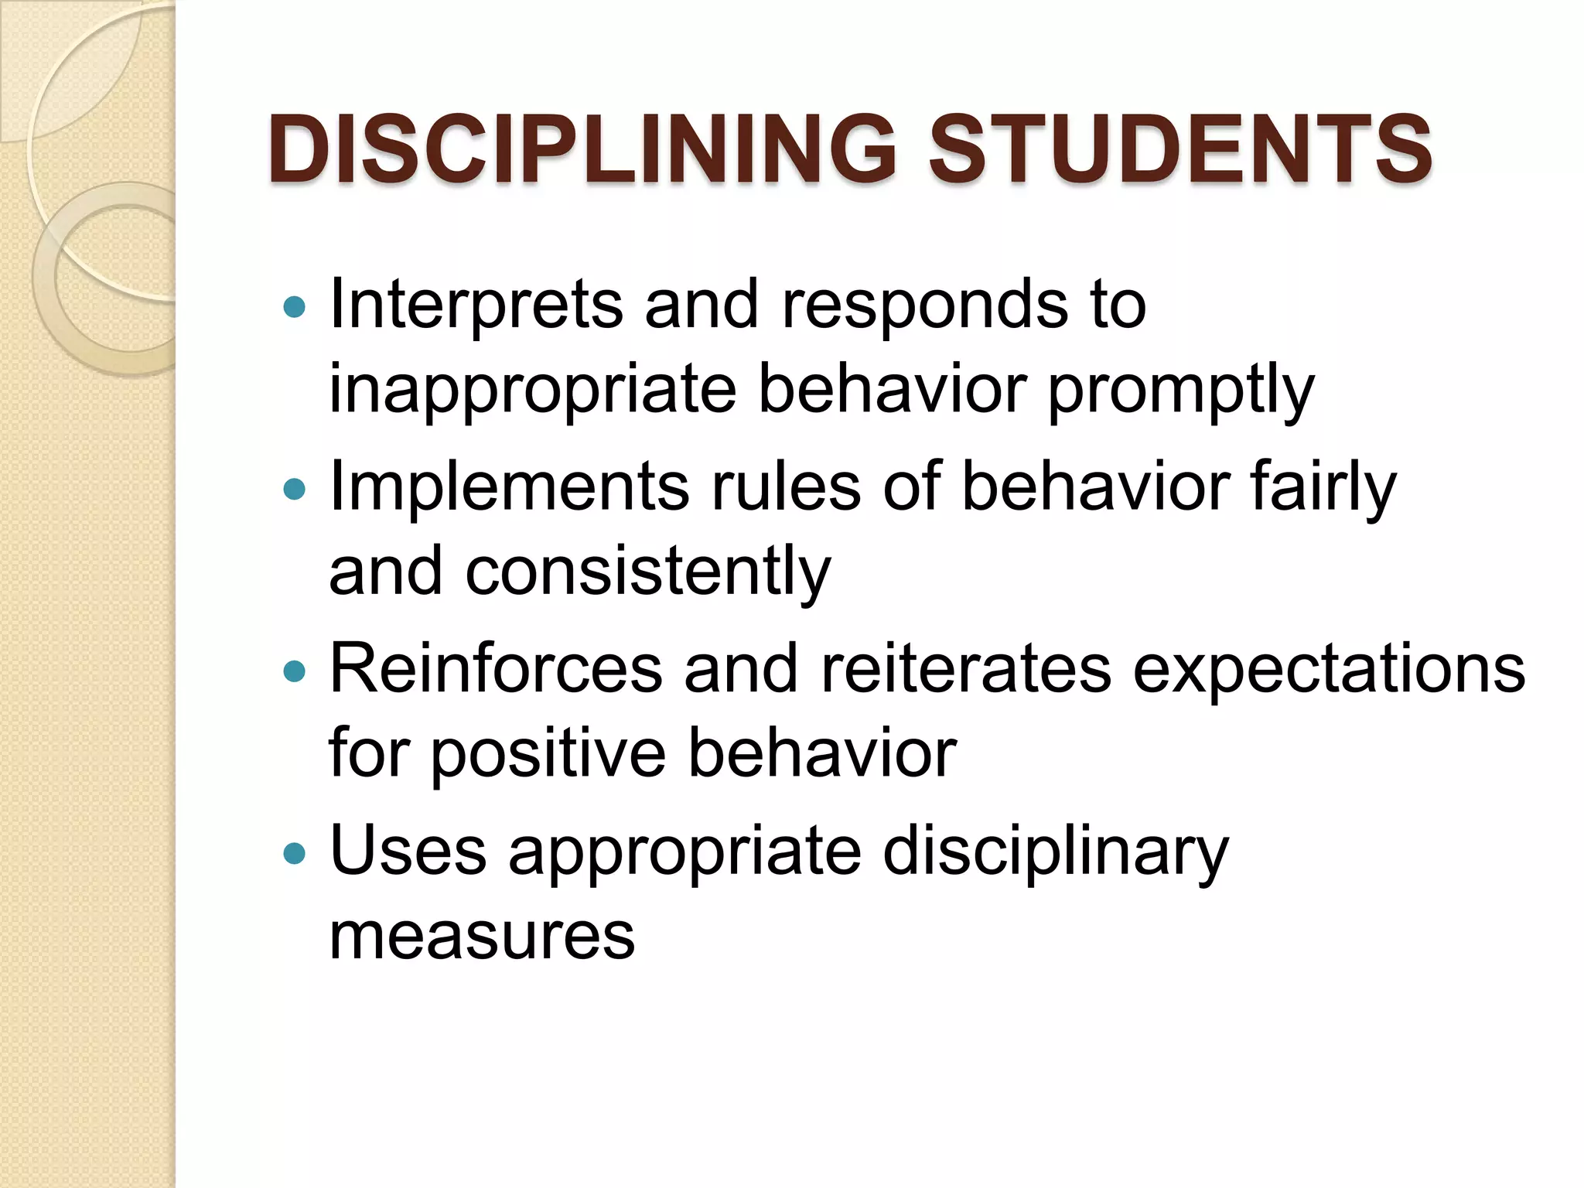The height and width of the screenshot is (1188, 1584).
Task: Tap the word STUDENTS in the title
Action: click(1179, 148)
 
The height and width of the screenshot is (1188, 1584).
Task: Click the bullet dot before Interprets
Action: click(295, 308)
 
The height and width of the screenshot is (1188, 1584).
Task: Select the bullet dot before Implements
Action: click(295, 490)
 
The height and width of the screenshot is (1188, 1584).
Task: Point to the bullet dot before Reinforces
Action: click(295, 671)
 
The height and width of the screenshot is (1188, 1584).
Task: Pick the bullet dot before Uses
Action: click(295, 854)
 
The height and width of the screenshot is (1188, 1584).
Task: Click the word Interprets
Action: click(476, 305)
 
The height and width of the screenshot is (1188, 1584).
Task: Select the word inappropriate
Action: click(533, 390)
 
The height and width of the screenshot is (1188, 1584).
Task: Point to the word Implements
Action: click(509, 487)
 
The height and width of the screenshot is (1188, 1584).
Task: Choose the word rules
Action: click(786, 487)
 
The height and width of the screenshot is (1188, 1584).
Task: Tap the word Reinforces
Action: click(496, 669)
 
